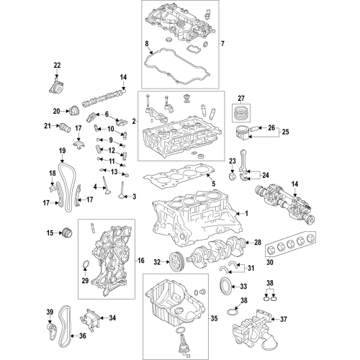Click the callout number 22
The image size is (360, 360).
click(57, 66)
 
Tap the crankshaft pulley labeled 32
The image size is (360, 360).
click(176, 261)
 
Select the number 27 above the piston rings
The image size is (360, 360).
click(241, 98)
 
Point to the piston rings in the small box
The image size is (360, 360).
click(241, 112)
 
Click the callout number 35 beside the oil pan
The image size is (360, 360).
click(214, 318)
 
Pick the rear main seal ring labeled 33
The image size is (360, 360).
click(225, 285)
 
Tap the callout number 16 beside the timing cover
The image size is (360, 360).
click(141, 260)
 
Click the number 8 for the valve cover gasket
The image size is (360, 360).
click(147, 44)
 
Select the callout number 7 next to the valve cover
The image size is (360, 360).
click(222, 44)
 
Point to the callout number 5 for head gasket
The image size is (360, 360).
click(213, 184)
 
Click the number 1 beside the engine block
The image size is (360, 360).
click(246, 213)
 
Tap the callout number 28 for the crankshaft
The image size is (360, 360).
click(257, 243)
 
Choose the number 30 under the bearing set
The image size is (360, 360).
click(270, 262)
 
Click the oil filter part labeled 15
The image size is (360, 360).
click(68, 233)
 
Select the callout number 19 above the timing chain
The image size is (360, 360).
click(62, 151)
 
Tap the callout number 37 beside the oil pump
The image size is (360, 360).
click(284, 319)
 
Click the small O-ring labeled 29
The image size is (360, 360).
click(85, 264)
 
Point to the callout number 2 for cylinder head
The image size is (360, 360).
click(134, 122)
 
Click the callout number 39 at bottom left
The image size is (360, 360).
click(50, 312)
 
